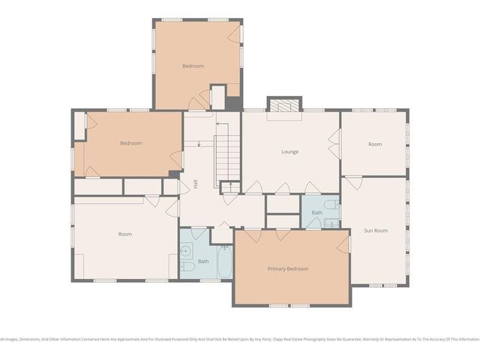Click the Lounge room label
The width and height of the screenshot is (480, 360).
pyautogui.click(x=289, y=152)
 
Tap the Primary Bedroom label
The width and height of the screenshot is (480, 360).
pyautogui.click(x=288, y=268)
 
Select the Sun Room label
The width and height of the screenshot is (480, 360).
pyautogui.click(x=376, y=230)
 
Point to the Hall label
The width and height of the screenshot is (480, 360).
pyautogui.click(x=196, y=183)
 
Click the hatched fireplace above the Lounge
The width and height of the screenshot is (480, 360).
pyautogui.click(x=283, y=106)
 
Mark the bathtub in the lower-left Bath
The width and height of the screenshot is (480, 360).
pyautogui.click(x=224, y=262)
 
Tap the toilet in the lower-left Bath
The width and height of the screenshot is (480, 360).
pyautogui.click(x=188, y=266)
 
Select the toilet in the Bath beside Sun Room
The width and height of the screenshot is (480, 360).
pyautogui.click(x=329, y=205)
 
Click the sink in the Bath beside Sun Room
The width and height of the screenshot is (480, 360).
pyautogui.click(x=313, y=222)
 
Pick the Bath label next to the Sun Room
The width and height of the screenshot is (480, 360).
pyautogui.click(x=316, y=214)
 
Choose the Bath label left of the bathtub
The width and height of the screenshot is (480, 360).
pyautogui.click(x=203, y=261)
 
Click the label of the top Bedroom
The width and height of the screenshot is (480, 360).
pyautogui.click(x=193, y=66)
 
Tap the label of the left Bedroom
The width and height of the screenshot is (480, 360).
pyautogui.click(x=131, y=143)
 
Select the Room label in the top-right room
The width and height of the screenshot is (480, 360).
pyautogui.click(x=375, y=144)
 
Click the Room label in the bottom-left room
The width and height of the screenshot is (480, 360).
pyautogui.click(x=124, y=234)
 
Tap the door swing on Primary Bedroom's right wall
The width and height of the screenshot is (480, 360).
pyautogui.click(x=346, y=243)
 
